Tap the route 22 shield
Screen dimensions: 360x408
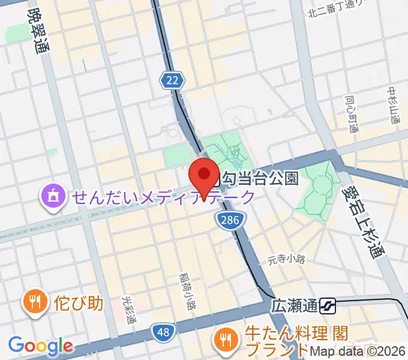click(x=172, y=79)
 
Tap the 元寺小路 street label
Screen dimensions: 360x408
click(x=286, y=260)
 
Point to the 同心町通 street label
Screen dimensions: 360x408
click(x=351, y=114)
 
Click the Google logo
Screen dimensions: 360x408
click(x=41, y=346)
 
